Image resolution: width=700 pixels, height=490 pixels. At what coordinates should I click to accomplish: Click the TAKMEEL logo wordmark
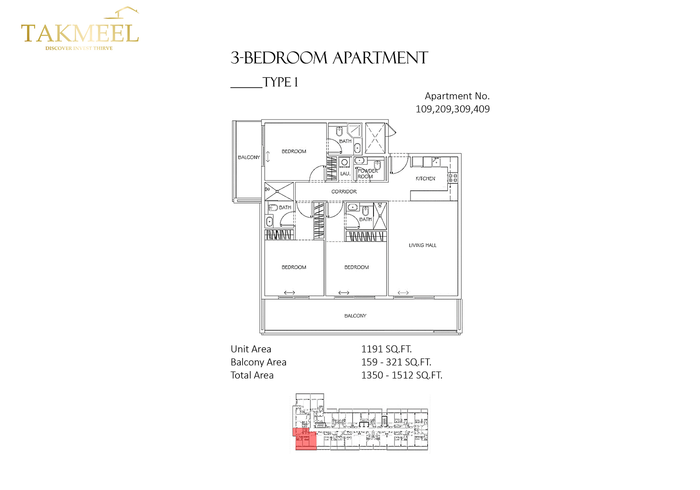pyautogui.click(x=80, y=34)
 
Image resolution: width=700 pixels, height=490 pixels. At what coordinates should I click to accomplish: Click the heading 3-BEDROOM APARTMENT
pyautogui.click(x=329, y=58)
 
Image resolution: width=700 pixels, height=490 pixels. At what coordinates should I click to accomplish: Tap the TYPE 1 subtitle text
pyautogui.click(x=280, y=82)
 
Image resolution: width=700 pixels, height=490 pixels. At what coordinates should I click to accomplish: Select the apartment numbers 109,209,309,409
pyautogui.click(x=452, y=109)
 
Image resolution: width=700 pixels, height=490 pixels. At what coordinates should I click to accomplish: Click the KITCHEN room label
pyautogui.click(x=425, y=179)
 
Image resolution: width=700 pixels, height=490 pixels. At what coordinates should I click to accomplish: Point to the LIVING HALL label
pyautogui.click(x=422, y=245)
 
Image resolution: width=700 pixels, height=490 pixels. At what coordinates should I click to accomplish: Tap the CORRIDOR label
pyautogui.click(x=344, y=192)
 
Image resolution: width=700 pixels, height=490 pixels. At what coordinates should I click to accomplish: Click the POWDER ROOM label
pyautogui.click(x=367, y=174)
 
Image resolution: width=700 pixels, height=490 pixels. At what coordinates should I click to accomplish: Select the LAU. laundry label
pyautogui.click(x=345, y=173)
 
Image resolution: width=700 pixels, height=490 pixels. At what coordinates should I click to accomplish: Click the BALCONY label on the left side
pyautogui.click(x=249, y=157)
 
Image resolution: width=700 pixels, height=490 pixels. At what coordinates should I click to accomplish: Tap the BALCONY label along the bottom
pyautogui.click(x=355, y=316)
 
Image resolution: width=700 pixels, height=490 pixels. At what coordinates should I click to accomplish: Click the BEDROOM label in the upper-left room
pyautogui.click(x=294, y=152)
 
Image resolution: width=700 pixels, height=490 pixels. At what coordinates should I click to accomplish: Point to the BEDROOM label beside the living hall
pyautogui.click(x=357, y=267)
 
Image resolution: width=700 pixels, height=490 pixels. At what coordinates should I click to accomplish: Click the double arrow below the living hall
pyautogui.click(x=403, y=293)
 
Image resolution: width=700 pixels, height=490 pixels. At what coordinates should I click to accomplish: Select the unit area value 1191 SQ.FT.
pyautogui.click(x=386, y=349)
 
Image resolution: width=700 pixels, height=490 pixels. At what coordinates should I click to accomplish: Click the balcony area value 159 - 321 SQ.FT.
pyautogui.click(x=396, y=362)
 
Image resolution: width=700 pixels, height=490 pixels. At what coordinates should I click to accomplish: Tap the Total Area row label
pyautogui.click(x=252, y=375)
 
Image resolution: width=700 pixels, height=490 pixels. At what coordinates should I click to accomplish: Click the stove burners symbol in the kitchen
pyautogui.click(x=453, y=177)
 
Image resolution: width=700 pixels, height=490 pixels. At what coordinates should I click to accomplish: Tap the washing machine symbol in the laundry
pyautogui.click(x=344, y=162)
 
